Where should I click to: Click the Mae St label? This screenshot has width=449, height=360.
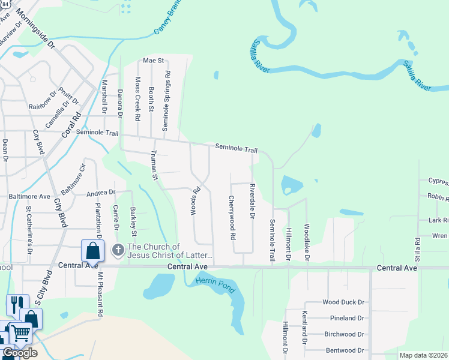(153, 61)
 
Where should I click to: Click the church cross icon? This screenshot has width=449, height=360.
(118, 249)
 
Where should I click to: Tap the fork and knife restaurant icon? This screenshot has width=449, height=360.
(16, 304)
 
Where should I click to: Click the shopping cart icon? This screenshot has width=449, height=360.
(22, 332)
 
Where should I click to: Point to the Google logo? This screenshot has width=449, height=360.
(19, 353)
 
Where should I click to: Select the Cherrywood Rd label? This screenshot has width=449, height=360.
(231, 217)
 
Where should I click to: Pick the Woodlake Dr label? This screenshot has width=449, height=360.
(306, 242)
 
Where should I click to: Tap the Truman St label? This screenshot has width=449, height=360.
(154, 165)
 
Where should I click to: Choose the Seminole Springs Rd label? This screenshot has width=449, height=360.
(167, 101)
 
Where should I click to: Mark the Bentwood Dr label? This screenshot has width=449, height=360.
(345, 350)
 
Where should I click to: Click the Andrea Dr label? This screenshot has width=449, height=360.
(101, 193)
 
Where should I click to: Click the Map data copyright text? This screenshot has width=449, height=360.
(423, 355)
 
